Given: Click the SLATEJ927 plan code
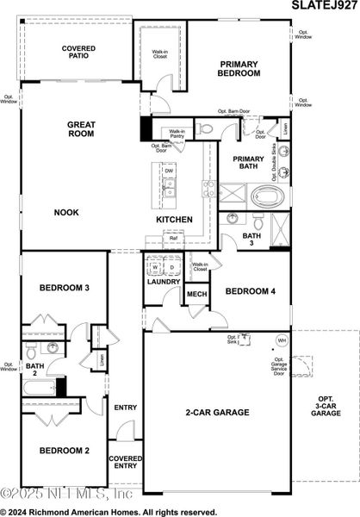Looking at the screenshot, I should [320, 7].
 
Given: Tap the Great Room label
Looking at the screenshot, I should [81, 129].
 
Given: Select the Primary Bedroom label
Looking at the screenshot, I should [239, 69].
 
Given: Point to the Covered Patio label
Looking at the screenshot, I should [79, 52].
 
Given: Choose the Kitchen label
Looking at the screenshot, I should [173, 220].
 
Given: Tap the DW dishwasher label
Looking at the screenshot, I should [169, 171].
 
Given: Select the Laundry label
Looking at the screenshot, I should [163, 282].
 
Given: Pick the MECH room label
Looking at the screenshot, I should [196, 296].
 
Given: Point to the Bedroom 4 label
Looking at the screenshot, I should [250, 292].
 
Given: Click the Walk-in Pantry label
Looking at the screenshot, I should [177, 134].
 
